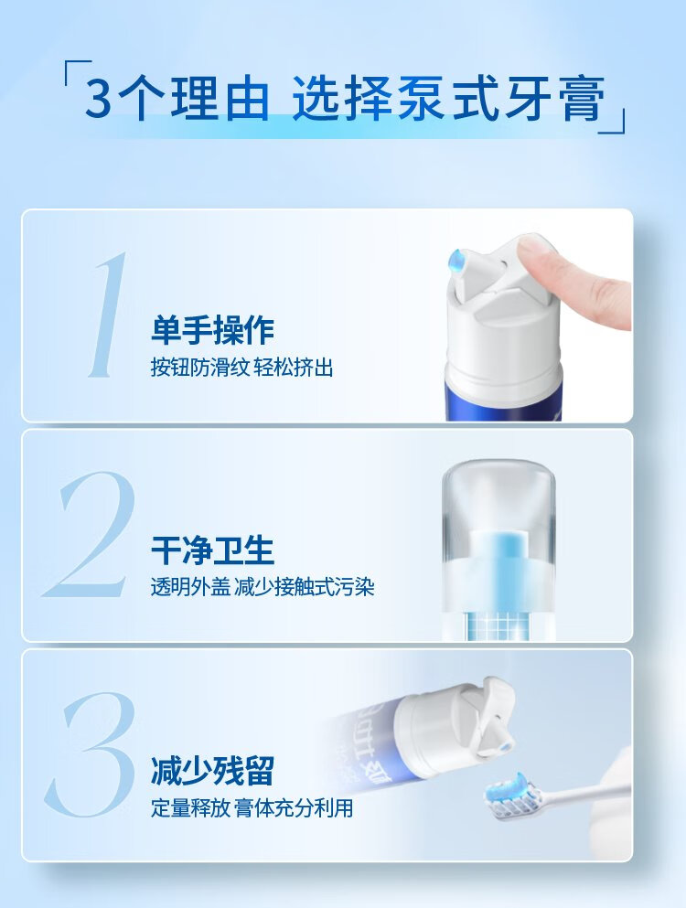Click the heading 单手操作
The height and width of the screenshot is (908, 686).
click(212, 330)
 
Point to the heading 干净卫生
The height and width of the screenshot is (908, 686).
click(212, 550)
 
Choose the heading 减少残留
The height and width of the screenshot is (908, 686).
click(212, 770)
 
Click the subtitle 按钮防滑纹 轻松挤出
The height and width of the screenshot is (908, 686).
click(242, 368)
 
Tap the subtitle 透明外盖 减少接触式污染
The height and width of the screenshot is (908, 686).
click(263, 587)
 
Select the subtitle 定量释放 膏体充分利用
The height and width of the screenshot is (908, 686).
click(252, 807)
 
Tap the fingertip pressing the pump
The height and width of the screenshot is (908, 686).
click(536, 251)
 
